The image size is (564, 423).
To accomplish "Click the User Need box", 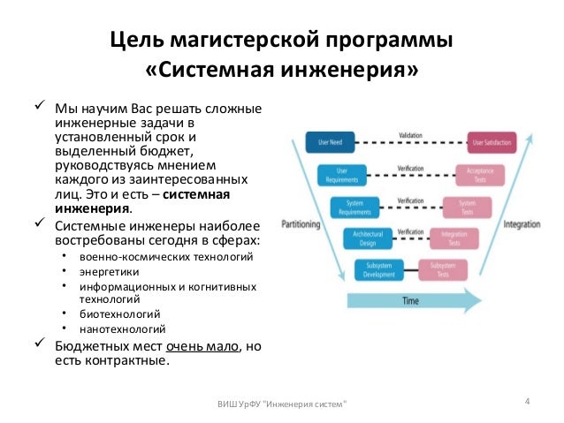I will pyautogui.click(x=324, y=140).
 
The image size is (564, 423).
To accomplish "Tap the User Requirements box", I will pyautogui.click(x=334, y=174).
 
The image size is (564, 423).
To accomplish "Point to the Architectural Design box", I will pyautogui.click(x=359, y=238).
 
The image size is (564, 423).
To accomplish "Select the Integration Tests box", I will pyautogui.click(x=454, y=238).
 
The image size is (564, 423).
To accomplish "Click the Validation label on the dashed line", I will pyautogui.click(x=410, y=135).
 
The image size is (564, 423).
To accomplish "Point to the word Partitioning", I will pyautogui.click(x=300, y=224).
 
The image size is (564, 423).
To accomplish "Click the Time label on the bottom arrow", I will pyautogui.click(x=409, y=301).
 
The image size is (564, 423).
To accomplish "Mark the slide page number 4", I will pyautogui.click(x=527, y=404).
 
